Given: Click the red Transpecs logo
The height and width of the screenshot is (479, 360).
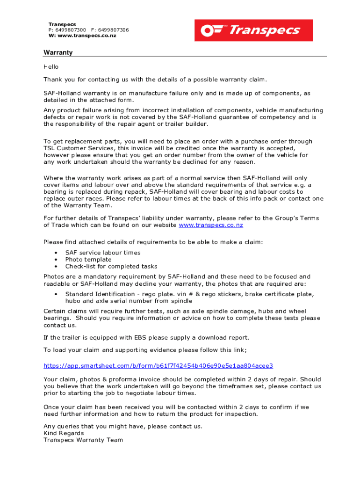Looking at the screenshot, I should point(253,30).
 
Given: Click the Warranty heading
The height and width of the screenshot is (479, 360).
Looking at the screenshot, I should point(58,52).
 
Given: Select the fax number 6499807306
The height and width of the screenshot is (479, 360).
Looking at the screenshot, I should point(113,30).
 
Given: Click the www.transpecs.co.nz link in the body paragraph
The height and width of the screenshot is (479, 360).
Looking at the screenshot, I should point(211,225).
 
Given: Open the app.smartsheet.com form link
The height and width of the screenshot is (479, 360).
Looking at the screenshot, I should point(158,366).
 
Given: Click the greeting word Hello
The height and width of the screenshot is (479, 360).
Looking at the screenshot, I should point(51,67).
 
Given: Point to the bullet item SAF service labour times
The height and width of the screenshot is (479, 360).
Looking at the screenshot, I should point(102,253).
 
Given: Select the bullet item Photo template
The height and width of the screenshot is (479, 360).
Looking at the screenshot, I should point(88,259).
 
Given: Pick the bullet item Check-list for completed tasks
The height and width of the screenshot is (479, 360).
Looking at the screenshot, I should point(111,266).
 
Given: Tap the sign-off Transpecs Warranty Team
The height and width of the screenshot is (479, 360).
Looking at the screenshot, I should point(83,440).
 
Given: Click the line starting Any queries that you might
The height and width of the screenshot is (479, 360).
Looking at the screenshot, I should point(123,426).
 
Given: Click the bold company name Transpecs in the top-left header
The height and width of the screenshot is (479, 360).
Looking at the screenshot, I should point(62,24).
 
